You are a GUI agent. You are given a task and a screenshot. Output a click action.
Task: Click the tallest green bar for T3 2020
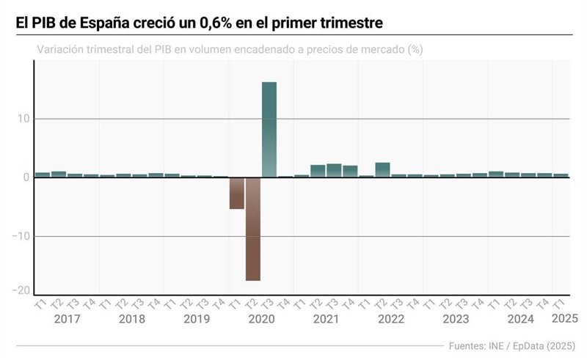[x=269, y=129]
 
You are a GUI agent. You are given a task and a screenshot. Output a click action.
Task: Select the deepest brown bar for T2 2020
[x=253, y=229]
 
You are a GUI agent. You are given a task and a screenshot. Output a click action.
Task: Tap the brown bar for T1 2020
[x=236, y=194]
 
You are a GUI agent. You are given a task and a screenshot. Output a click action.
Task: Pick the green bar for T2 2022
[x=382, y=170]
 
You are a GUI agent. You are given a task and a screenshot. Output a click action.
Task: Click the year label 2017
[x=67, y=320]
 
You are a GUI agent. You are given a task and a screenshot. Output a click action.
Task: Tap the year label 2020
[x=261, y=320]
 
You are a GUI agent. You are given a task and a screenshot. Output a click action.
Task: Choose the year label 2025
[x=564, y=319]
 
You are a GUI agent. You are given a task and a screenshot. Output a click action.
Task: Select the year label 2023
[x=456, y=320]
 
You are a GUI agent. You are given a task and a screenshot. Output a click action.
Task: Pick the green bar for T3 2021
[x=334, y=170]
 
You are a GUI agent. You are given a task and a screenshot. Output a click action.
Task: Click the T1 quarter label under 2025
[x=559, y=304]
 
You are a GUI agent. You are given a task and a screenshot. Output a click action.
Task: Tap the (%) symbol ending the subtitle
[x=415, y=50]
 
